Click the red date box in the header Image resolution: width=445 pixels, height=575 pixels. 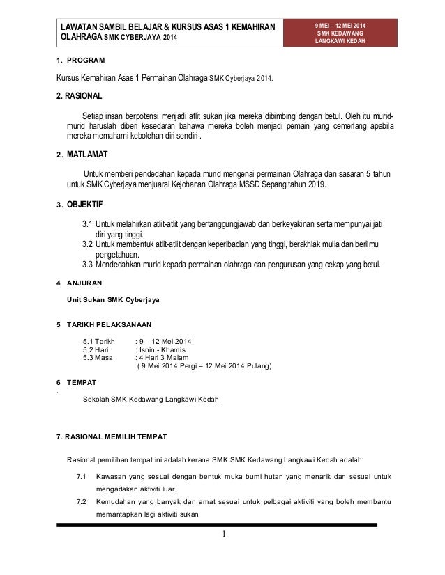click(341, 32)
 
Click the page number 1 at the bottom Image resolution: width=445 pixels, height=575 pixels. click(224, 534)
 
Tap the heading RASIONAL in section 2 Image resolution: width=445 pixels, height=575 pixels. click(84, 95)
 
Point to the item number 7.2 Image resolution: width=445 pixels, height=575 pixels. click(81, 502)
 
